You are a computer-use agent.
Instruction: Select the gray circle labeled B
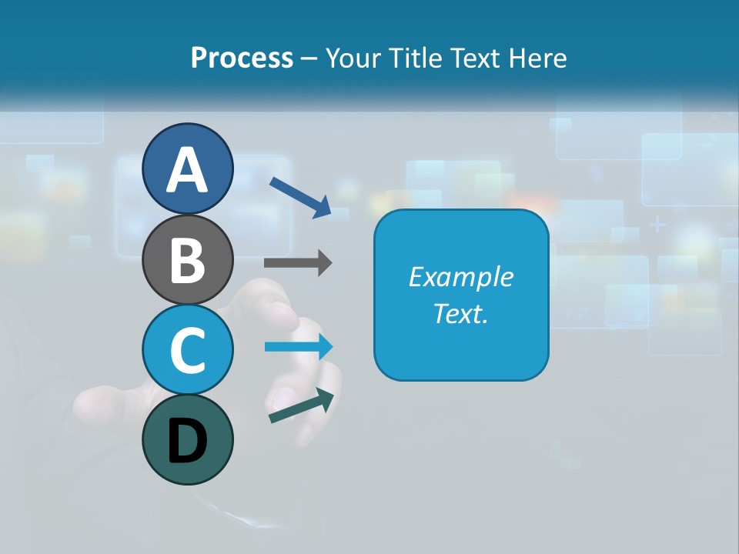(187, 259)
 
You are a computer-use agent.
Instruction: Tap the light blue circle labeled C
(187, 349)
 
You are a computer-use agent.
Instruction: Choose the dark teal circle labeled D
(187, 439)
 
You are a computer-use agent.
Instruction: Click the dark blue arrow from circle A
(301, 197)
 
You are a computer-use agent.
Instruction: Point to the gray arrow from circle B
(298, 263)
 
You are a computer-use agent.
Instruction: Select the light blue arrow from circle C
(299, 347)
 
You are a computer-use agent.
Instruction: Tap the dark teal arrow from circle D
(302, 405)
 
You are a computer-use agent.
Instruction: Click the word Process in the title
(242, 58)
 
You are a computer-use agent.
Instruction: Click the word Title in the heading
(413, 58)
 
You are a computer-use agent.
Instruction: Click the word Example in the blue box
(460, 277)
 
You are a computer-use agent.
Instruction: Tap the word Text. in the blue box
(460, 313)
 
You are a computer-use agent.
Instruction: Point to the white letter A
(187, 170)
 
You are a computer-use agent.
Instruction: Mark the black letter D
(187, 442)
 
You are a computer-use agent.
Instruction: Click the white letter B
(187, 260)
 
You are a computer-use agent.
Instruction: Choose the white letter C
(187, 350)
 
